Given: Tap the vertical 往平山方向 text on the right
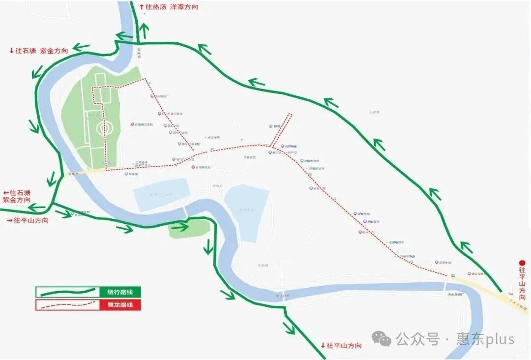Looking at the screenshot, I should (522, 284).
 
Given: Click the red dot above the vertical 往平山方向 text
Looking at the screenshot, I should (522, 263).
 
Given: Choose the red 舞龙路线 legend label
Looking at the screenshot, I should (120, 305).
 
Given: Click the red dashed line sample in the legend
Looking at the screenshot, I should (67, 305).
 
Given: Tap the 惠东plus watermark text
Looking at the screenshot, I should (485, 339).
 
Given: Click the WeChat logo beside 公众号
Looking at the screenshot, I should (381, 338).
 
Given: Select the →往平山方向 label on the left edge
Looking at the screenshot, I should (28, 220).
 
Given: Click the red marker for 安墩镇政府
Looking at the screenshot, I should (193, 168).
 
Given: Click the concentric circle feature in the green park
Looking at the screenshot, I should (103, 129).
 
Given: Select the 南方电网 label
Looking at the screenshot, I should (212, 137).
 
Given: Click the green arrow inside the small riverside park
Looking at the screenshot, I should (180, 227).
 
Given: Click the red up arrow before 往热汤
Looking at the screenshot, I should (142, 7).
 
